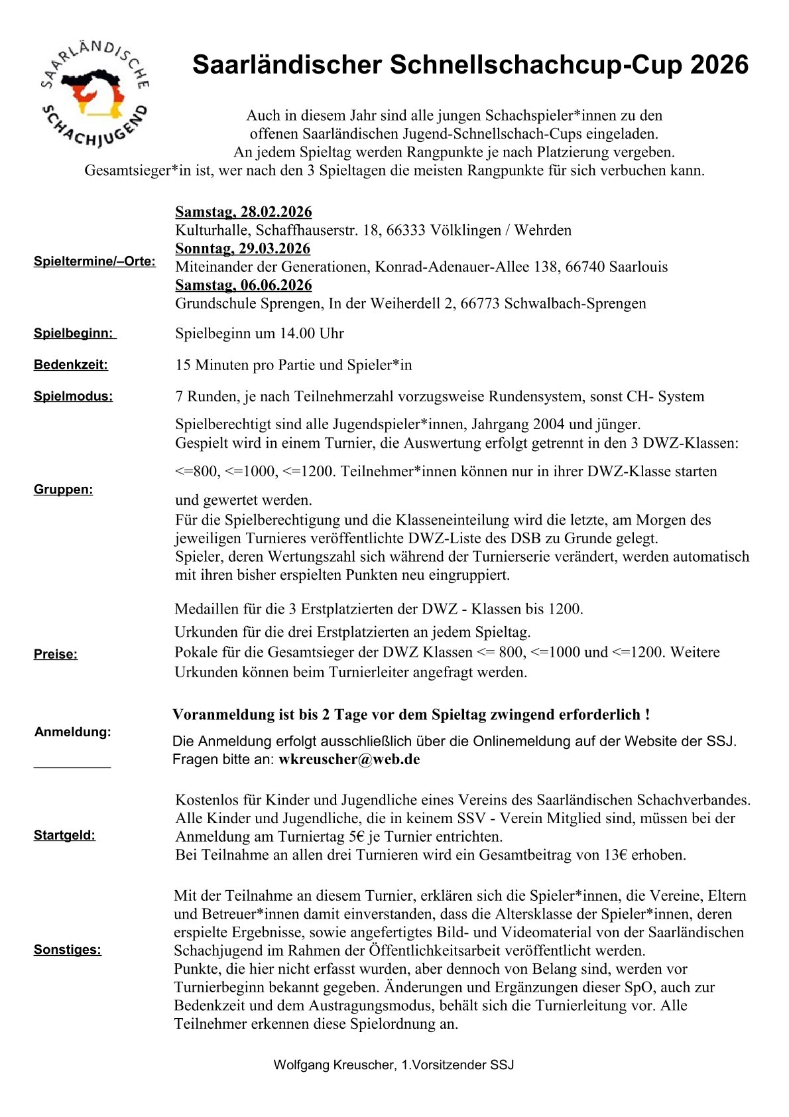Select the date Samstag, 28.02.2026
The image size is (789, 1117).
click(243, 212)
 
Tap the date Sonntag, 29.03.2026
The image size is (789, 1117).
click(243, 249)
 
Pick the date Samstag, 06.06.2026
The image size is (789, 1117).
click(243, 285)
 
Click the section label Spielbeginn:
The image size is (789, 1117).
click(74, 334)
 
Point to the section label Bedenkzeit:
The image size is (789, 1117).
click(71, 365)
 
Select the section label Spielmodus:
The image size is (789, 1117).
click(74, 397)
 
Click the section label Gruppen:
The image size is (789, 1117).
click(64, 490)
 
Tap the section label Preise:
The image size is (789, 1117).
click(56, 655)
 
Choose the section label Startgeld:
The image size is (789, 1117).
click(65, 836)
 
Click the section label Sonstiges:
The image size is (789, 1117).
click(68, 950)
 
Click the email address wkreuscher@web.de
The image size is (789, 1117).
click(349, 759)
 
